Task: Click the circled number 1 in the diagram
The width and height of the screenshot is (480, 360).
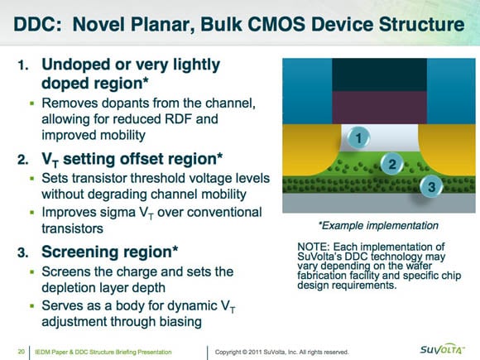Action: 358,138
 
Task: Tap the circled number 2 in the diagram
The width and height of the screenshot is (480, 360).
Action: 392,164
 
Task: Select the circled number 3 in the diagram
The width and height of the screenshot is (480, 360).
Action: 431,186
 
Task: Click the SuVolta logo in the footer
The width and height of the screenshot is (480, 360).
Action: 442,349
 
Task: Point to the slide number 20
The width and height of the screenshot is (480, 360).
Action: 22,352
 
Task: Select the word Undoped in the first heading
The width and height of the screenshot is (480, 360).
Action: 75,65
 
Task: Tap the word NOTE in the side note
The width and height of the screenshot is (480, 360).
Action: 313,247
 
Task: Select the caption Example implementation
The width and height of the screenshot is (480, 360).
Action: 380,226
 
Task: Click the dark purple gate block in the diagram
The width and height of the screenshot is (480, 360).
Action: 379,108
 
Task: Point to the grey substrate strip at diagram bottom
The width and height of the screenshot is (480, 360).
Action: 379,203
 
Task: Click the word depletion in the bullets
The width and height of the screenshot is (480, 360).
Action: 66,288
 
